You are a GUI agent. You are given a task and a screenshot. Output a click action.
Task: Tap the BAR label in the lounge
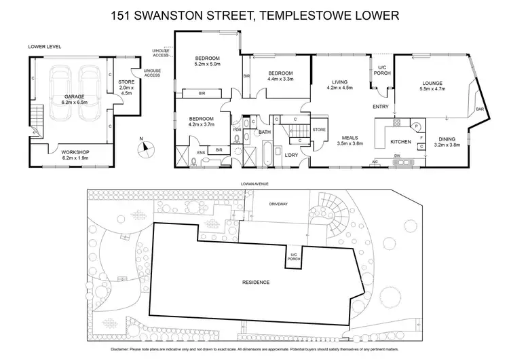(x=479, y=109)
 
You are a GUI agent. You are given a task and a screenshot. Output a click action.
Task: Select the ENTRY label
(x=380, y=107)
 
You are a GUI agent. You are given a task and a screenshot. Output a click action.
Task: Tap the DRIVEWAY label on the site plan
(x=279, y=202)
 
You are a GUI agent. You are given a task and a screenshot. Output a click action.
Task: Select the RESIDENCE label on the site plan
(x=257, y=281)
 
